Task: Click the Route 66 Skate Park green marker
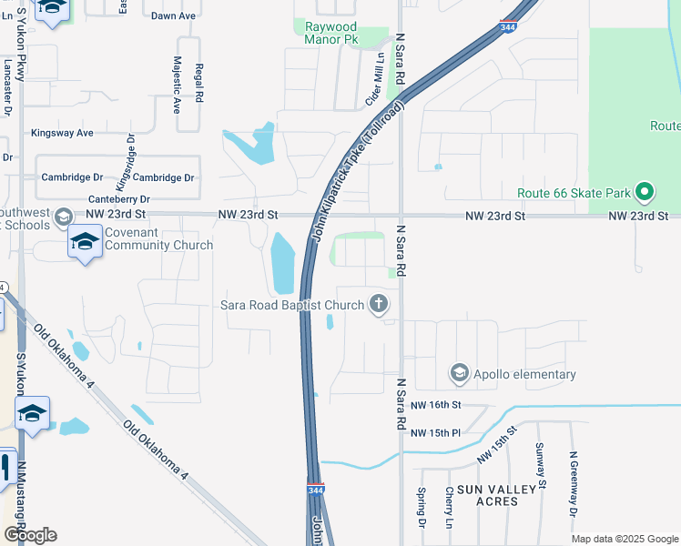pos(645,192)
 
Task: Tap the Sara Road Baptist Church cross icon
pos(378,304)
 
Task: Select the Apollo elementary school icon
pos(460,373)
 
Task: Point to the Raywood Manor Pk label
pos(332,34)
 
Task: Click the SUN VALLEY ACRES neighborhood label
pos(497,495)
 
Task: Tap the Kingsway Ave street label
pos(63,133)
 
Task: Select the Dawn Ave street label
pos(174,16)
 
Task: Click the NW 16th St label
pos(436,404)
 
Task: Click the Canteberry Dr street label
pos(119,198)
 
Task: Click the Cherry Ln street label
pos(449,508)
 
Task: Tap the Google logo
pos(30,535)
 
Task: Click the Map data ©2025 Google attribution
pos(625,539)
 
